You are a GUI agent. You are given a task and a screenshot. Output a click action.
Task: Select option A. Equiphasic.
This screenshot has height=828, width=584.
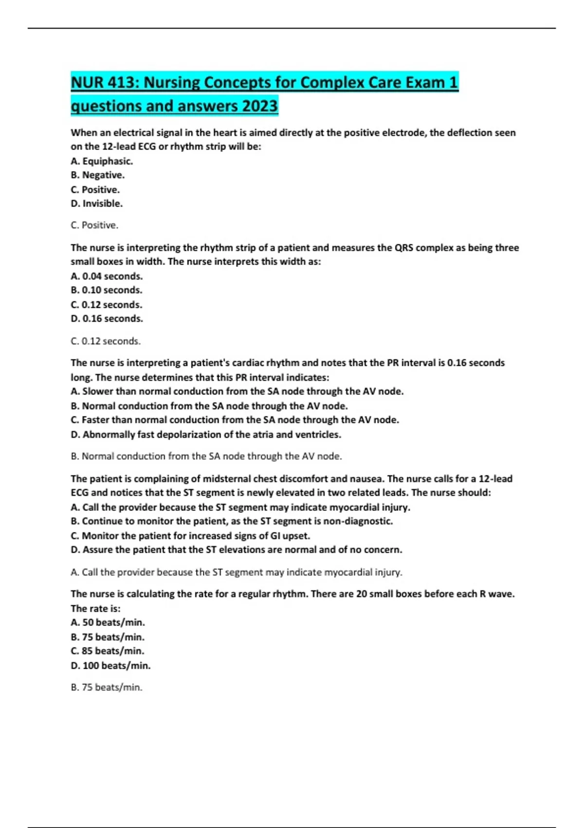point(102,161)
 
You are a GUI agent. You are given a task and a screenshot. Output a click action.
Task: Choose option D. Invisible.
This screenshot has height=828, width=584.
point(96,204)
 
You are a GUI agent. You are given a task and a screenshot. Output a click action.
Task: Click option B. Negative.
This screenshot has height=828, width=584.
point(97,175)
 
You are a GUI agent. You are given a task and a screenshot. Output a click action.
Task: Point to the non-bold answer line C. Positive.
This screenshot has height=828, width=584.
point(94,226)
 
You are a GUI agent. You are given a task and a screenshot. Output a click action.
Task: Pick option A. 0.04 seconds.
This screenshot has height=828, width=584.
point(107,276)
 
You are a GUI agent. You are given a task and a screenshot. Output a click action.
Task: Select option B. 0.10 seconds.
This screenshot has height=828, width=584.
point(107,290)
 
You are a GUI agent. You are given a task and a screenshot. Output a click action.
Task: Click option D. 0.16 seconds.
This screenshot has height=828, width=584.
point(107,319)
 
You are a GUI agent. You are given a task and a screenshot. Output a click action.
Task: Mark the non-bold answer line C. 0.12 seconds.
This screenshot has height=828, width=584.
point(106,341)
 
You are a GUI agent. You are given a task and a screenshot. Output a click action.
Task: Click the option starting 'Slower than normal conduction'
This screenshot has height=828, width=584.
point(237,391)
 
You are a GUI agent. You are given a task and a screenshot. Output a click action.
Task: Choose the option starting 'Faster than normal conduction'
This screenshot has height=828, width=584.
point(235,420)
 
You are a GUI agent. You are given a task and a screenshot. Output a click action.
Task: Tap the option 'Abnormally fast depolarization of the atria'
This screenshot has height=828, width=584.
point(206,434)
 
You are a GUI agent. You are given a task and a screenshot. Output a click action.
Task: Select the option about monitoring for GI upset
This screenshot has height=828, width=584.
point(190,536)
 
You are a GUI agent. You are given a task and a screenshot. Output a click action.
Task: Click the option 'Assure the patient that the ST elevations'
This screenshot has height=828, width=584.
point(237,550)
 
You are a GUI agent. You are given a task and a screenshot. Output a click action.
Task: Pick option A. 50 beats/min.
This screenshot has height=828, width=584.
point(108,622)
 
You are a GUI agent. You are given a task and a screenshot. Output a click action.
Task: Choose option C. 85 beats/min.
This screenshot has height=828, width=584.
point(108,651)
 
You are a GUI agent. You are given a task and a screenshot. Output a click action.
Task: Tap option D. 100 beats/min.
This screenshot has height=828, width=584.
point(110,666)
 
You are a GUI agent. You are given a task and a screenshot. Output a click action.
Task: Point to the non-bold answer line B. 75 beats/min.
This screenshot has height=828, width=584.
point(107,688)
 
